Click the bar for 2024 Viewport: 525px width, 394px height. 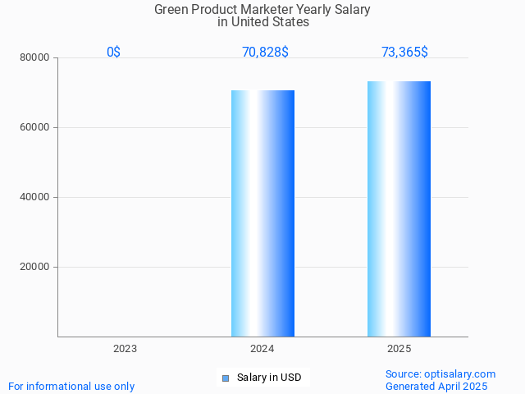tap(262, 213)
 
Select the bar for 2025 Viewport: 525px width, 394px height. tap(399, 209)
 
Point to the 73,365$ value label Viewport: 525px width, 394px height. tap(404, 53)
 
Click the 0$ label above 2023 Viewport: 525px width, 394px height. tap(113, 53)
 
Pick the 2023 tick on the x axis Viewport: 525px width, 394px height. tap(125, 349)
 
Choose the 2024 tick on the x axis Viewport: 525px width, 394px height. tap(262, 349)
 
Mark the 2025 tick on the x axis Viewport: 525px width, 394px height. tap(399, 349)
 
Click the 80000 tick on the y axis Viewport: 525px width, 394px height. tap(35, 58)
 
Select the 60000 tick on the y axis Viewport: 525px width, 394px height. tap(35, 128)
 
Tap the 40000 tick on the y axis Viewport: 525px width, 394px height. tap(35, 198)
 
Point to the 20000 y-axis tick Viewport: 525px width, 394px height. tap(35, 268)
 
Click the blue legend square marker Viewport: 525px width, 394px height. tap(226, 378)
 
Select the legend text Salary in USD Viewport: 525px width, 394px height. tap(269, 378)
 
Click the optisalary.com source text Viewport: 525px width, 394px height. tap(441, 373)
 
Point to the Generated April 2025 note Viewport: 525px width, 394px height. tap(436, 386)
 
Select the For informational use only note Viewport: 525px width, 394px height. tap(71, 386)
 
